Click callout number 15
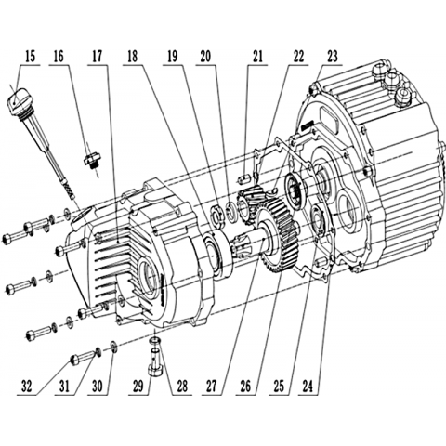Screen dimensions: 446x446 point(30,58)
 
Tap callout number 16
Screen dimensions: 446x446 point(59,58)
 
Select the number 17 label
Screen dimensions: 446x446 point(97,58)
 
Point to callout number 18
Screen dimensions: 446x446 point(132,58)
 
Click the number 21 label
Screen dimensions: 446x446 point(257,58)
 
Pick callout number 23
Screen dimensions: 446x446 point(333,58)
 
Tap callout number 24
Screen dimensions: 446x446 point(308,387)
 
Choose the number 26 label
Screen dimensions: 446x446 point(245,387)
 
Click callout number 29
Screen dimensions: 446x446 point(138,387)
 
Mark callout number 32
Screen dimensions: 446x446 point(27,387)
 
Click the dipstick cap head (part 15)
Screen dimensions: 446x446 point(17,100)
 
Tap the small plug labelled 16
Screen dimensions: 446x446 point(91,161)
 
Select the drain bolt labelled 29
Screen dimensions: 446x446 point(154,361)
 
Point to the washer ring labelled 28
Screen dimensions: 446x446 point(155,341)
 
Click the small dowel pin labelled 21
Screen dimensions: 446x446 point(244,179)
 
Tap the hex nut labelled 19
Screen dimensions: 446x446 point(217,216)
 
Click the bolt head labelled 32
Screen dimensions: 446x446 point(75,360)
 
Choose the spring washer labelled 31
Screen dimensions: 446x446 point(98,352)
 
